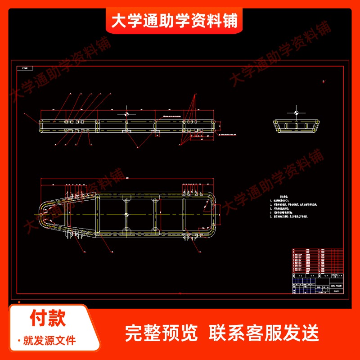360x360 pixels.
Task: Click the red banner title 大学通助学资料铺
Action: [174, 21]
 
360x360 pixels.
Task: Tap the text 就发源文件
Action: [49, 340]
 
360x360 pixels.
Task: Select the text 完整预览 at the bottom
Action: [161, 333]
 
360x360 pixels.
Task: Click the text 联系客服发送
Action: [264, 333]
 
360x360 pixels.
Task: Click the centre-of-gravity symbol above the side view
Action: [126, 113]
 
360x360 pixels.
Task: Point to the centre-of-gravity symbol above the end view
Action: [296, 112]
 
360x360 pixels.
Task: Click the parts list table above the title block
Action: [316, 261]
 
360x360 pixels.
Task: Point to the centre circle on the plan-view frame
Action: [126, 215]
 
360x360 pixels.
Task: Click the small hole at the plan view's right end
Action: [211, 207]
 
